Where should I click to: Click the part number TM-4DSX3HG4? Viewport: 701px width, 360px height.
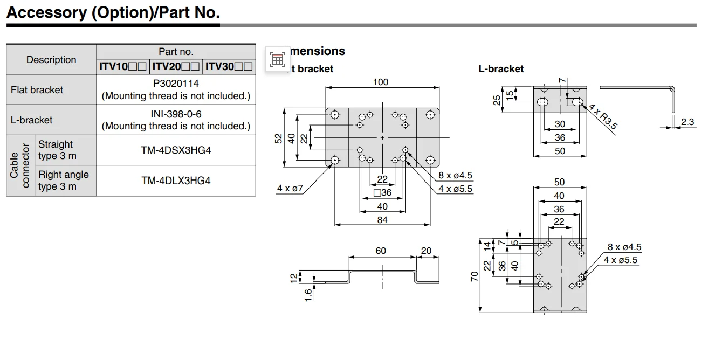click(x=176, y=150)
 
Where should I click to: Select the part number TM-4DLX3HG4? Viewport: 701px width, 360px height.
click(x=176, y=181)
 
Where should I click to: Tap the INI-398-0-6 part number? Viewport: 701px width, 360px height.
click(x=176, y=114)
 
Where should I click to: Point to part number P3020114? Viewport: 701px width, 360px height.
click(x=176, y=84)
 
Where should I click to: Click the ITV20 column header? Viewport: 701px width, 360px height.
click(x=175, y=67)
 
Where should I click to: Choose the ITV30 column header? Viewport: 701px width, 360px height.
click(x=229, y=67)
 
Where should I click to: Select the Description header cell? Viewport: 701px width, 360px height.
click(x=51, y=60)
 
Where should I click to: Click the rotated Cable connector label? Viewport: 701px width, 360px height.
click(x=20, y=165)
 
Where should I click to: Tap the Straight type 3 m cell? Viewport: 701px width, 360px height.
click(x=57, y=150)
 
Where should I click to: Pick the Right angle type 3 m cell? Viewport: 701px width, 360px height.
click(x=63, y=181)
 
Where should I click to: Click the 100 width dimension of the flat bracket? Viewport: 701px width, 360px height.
click(x=381, y=82)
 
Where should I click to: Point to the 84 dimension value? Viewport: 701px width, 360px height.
click(x=382, y=220)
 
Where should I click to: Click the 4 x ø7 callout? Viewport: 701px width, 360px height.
click(x=291, y=188)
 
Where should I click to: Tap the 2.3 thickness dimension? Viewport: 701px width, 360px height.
click(x=687, y=122)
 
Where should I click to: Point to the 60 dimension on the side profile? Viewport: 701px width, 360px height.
click(x=381, y=251)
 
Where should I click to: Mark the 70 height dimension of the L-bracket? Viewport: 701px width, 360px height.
click(x=474, y=276)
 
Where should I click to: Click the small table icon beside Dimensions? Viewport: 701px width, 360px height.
click(x=277, y=59)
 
